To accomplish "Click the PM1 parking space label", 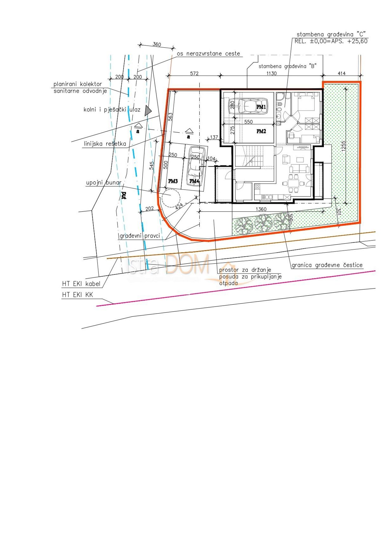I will point(261,107).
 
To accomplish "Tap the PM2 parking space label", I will point(261,131).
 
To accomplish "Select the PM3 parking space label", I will point(173,181).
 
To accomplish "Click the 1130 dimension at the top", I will point(271,73).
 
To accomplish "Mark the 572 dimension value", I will point(194,73).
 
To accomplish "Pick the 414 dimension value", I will point(342,73).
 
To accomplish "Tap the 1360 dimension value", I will point(261,209).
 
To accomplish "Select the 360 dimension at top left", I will point(157,45).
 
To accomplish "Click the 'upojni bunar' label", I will point(104,183).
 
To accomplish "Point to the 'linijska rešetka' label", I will point(105,144).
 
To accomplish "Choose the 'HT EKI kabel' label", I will point(81,284).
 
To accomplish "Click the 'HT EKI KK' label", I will point(77,295).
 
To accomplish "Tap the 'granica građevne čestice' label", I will point(327,265).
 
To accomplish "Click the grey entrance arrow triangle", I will point(148,110).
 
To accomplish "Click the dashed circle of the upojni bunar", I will point(171,197).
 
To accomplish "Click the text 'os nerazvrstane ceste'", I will point(208,53).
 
